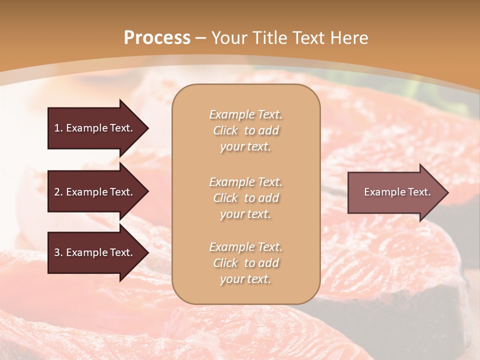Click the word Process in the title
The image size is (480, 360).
[x=157, y=38]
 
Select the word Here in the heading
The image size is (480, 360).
[x=349, y=38]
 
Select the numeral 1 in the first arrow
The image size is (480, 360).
[x=57, y=128]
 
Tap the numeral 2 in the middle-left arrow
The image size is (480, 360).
[x=57, y=192]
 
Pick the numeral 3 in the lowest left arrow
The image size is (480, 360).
[x=57, y=252]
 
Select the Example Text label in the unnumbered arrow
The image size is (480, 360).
[x=397, y=192]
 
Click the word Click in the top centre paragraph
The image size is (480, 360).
[x=225, y=131]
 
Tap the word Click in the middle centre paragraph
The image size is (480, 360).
[x=225, y=198]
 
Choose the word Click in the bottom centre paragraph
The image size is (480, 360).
[x=225, y=263]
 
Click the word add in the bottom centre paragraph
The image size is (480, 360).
[x=269, y=263]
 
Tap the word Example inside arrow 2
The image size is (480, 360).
[x=85, y=192]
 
